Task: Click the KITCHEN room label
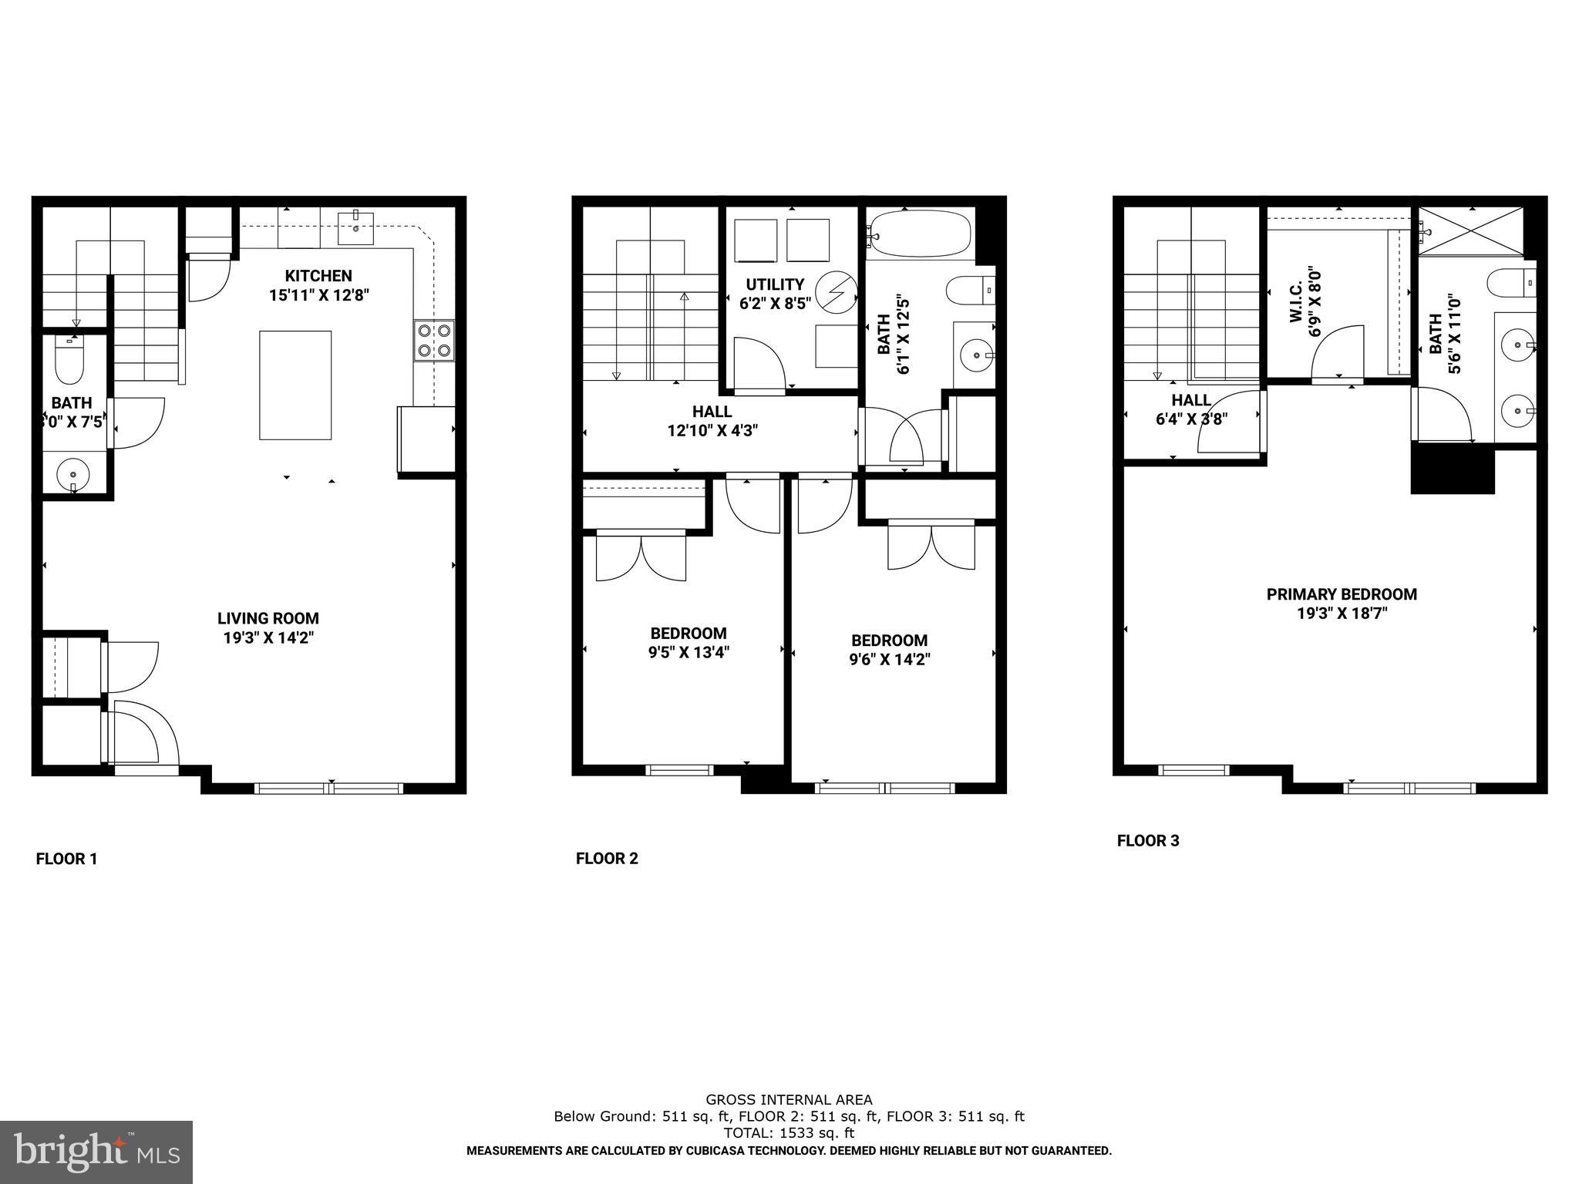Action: (318, 276)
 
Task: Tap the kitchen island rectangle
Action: (295, 385)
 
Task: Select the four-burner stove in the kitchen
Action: (434, 341)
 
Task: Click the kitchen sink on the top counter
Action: (355, 227)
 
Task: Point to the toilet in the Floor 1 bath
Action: (69, 362)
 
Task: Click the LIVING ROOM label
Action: (268, 618)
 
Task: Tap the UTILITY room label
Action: (775, 284)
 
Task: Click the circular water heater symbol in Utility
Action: (836, 293)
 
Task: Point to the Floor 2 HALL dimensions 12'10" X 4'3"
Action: (712, 431)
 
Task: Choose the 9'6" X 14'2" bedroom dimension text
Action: (889, 660)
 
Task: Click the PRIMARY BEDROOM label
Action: (1342, 594)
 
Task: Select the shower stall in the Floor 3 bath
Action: (1471, 230)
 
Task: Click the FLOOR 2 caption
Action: (607, 859)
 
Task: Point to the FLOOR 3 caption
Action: (1148, 841)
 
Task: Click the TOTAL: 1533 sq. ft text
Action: (789, 1133)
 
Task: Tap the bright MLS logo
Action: (96, 1152)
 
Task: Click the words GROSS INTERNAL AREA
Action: (789, 1100)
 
